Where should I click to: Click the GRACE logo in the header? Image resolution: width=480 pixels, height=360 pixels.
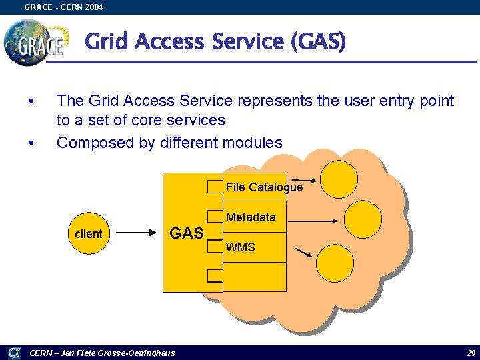click(x=35, y=41)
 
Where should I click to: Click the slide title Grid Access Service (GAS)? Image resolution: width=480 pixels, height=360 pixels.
click(x=215, y=42)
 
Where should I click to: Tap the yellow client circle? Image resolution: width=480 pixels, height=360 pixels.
click(x=89, y=233)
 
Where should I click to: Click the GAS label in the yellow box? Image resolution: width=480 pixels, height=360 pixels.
click(x=186, y=233)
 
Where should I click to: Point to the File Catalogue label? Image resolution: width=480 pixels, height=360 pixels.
click(x=264, y=187)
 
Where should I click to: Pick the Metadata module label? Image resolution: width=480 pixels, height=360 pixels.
click(x=251, y=217)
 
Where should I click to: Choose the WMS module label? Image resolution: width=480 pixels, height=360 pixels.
click(x=240, y=247)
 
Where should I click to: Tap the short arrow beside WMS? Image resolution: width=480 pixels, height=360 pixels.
click(x=303, y=253)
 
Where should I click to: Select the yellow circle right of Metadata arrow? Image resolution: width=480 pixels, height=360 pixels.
click(x=363, y=219)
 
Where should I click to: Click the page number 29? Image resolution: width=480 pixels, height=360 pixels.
click(x=471, y=353)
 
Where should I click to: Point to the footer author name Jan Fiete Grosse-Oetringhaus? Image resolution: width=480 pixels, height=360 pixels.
click(x=103, y=353)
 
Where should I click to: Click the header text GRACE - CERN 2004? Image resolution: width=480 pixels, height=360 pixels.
click(x=63, y=7)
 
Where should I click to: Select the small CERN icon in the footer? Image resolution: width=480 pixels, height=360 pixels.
click(x=13, y=353)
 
